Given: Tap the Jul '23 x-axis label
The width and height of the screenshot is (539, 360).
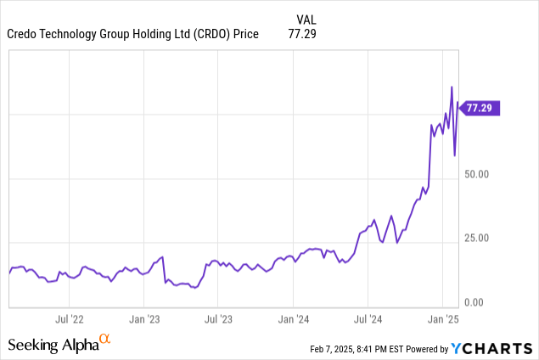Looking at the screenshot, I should click(x=219, y=319).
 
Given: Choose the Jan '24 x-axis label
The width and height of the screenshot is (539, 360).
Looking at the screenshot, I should click(x=294, y=319).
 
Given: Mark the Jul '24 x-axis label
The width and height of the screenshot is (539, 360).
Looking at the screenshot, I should click(x=368, y=319).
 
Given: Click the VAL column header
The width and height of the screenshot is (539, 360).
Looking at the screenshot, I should click(x=307, y=19).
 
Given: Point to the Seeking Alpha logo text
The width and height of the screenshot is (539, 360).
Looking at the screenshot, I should click(x=53, y=345).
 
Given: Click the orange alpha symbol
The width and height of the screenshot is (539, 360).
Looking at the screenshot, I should click(x=105, y=339).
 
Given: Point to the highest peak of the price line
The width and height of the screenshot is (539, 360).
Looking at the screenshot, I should click(x=452, y=87).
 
